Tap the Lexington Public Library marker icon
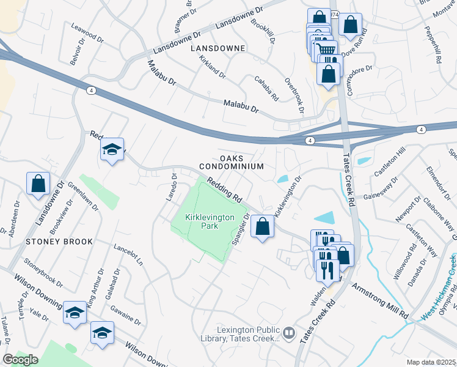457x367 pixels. click(289, 335)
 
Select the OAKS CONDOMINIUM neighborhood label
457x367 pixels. click(231, 162)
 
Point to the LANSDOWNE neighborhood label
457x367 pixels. click(218, 48)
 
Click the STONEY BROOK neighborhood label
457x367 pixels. click(59, 242)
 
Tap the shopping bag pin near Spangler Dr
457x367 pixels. click(262, 226)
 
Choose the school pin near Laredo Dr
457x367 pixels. click(112, 150)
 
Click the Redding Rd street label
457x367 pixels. click(224, 190)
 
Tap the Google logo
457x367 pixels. click(21, 360)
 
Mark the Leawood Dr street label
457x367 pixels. click(87, 32)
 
